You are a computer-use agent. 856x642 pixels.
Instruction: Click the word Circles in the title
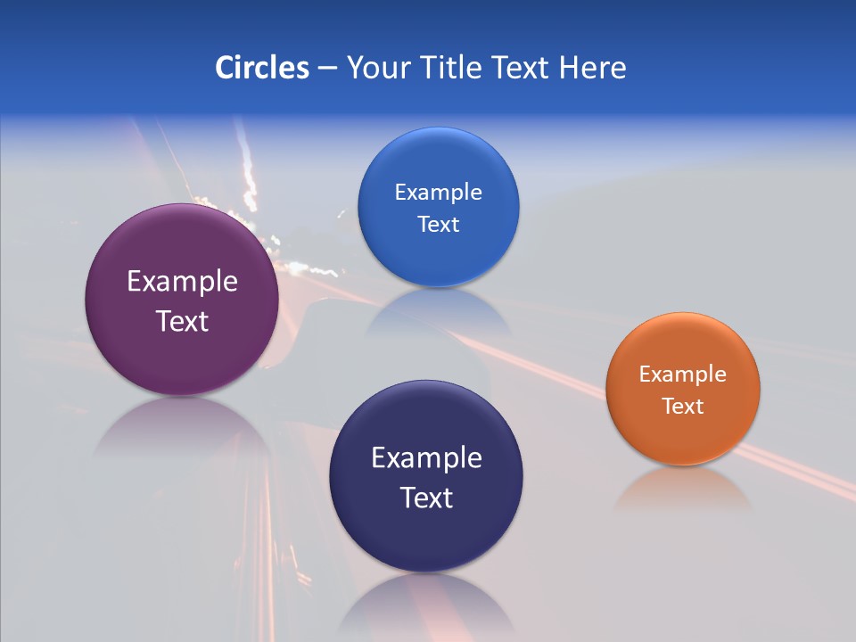coord(262,68)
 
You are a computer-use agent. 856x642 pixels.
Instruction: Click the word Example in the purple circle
coord(182,282)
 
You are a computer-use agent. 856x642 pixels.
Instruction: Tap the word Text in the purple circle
coord(182,321)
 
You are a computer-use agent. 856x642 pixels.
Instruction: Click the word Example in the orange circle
coord(683,374)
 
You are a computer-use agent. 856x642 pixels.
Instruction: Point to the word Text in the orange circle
coord(683,407)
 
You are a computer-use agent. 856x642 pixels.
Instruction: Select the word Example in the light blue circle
coord(438,193)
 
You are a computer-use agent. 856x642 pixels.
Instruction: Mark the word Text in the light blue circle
coord(438,225)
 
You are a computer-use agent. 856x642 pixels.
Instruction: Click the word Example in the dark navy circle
coord(426,458)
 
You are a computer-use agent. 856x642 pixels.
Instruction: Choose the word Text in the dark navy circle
coord(426,498)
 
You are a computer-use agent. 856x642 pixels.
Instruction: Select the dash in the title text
coord(326,68)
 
